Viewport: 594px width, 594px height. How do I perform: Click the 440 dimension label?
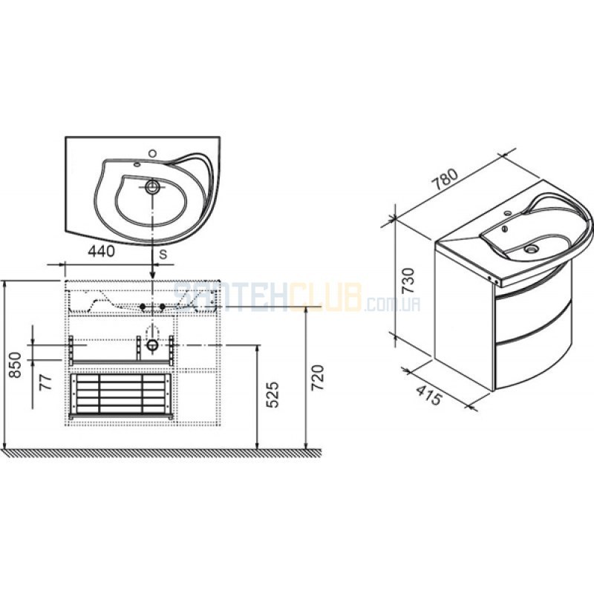[101, 252]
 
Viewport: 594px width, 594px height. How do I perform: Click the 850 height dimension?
[16, 365]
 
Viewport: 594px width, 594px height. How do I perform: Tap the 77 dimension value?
[45, 382]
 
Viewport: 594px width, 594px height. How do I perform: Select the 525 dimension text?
[272, 394]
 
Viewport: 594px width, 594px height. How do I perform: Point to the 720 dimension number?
[318, 378]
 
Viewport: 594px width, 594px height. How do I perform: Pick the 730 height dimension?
[408, 281]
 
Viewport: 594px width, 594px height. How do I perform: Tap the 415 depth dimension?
[429, 394]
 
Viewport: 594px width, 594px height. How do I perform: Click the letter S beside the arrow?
[163, 255]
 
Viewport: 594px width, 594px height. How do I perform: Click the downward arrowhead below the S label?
[152, 275]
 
